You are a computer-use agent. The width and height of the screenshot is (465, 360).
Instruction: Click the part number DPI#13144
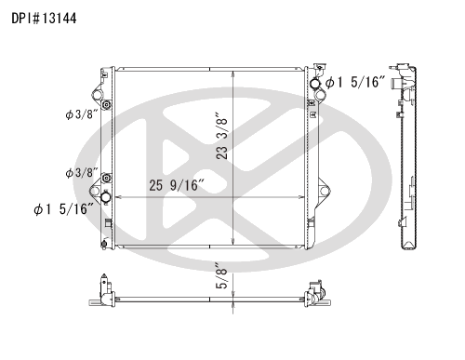coord(44,19)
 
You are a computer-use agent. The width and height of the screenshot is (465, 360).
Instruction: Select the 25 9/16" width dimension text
coord(177,185)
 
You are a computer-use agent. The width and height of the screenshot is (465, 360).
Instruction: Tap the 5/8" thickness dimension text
coord(222,276)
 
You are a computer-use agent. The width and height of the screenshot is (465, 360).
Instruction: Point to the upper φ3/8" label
coord(82,114)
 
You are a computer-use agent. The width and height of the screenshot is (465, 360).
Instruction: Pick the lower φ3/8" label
coord(82,173)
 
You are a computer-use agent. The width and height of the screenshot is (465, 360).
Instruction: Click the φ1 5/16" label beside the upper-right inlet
coord(355,82)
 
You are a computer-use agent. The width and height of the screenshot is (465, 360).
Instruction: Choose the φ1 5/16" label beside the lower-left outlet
coord(63,209)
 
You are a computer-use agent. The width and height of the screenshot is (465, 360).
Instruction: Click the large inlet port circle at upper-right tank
coord(315,83)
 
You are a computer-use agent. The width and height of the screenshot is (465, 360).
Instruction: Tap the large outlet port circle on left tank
coord(106,197)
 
